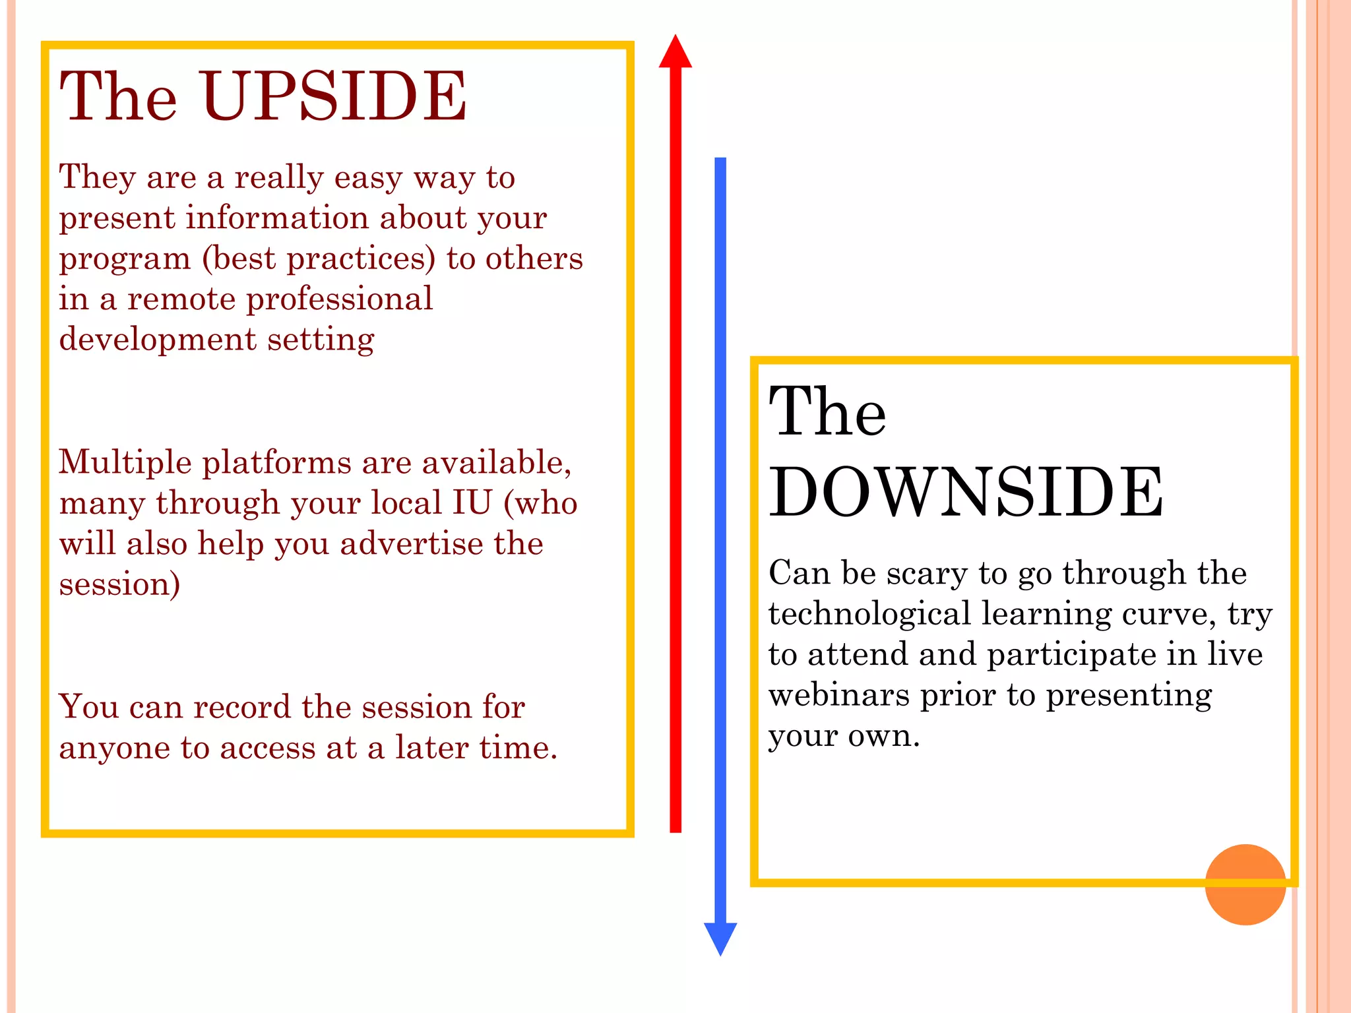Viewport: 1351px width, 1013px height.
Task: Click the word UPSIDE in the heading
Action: click(335, 96)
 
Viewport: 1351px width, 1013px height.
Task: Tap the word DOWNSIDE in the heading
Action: click(966, 492)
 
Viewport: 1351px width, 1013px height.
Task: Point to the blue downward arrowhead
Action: click(720, 937)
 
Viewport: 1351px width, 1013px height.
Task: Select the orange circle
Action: click(1245, 884)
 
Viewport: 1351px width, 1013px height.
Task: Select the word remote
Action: click(181, 299)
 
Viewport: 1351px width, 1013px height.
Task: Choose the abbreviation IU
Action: click(472, 503)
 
